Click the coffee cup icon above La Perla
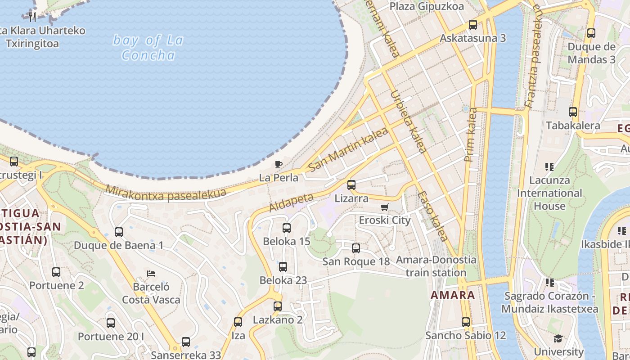[278, 164]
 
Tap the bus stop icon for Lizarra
[351, 185]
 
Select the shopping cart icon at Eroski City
[384, 207]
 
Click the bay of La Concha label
[148, 48]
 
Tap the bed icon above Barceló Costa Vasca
[151, 273]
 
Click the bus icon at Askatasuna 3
[472, 25]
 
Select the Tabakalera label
[573, 126]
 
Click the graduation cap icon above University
[558, 338]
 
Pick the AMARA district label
[453, 295]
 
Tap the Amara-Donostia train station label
[436, 266]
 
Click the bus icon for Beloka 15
[287, 228]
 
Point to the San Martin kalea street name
[348, 150]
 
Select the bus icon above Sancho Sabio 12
[466, 322]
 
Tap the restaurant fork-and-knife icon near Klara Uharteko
[32, 17]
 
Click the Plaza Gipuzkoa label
[427, 6]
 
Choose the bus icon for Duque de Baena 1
[119, 232]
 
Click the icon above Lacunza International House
[549, 167]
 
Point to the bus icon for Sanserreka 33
[186, 342]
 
